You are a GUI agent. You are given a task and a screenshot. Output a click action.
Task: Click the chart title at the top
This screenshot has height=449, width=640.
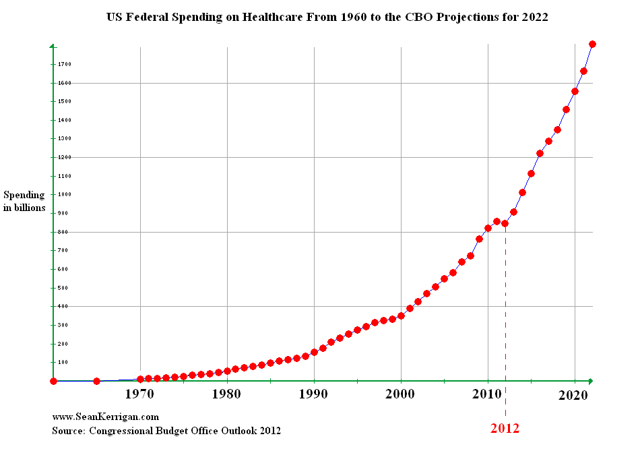point(327,17)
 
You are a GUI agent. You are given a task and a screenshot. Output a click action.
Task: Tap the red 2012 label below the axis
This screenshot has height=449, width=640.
point(505,428)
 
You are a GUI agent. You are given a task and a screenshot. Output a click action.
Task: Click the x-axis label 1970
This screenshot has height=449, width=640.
point(140,394)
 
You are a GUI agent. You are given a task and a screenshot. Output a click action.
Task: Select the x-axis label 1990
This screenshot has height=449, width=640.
point(313,394)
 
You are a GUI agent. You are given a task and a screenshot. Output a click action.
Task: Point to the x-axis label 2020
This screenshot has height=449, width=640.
point(573,395)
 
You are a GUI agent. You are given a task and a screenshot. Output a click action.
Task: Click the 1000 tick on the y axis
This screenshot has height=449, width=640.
point(65,194)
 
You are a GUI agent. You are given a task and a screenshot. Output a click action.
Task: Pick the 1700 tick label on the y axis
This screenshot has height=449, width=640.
point(65,64)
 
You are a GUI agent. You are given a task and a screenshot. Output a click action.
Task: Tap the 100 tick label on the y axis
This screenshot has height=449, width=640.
point(63,363)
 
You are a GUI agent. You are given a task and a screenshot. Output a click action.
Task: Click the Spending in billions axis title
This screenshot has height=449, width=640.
point(24,201)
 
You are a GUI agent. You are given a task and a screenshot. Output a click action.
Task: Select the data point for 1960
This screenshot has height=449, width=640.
point(53,381)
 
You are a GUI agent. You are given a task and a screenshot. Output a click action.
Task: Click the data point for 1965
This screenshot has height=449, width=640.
point(97,381)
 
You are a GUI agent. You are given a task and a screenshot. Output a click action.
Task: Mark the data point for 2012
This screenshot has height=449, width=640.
point(505,223)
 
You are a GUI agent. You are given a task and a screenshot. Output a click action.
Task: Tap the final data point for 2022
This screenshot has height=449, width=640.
point(592,44)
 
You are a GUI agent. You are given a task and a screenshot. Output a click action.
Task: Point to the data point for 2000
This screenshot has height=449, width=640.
point(401,316)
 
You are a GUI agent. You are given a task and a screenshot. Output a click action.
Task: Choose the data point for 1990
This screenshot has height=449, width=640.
point(314,352)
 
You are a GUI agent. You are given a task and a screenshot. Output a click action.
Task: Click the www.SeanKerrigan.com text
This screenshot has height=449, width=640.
point(105,417)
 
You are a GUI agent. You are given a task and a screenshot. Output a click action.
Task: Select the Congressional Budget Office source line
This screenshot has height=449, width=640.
point(166,431)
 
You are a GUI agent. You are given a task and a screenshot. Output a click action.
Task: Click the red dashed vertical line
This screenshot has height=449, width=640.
point(505,321)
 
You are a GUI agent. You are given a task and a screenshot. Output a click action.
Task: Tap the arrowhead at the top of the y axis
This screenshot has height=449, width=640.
point(53,46)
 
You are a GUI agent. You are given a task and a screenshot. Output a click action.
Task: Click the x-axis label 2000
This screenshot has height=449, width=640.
point(400,394)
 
